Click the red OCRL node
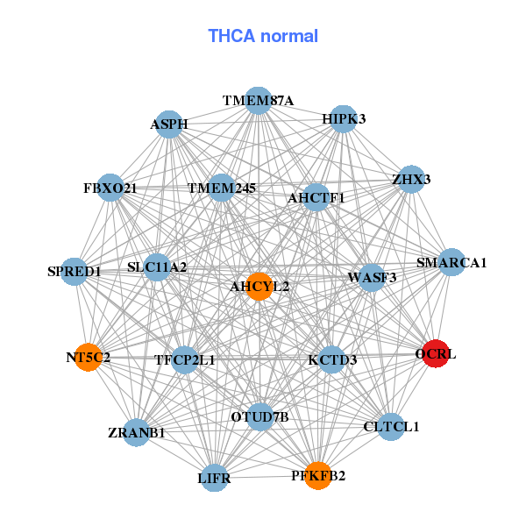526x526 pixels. coord(436,354)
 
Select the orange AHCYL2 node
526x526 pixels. coord(259,286)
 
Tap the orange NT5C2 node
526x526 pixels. coord(88,357)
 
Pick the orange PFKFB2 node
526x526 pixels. coord(318,475)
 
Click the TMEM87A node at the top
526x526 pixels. coord(258,101)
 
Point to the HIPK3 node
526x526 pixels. coord(343,119)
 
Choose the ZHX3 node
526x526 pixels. coord(410,181)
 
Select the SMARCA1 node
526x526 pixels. coord(451,262)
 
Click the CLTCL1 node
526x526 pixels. coord(391,427)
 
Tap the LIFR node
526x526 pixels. coord(215,478)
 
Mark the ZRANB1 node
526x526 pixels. coord(136,432)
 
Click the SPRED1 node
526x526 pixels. coord(75,272)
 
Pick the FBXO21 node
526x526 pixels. coord(110,188)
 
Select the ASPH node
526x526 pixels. coord(169,124)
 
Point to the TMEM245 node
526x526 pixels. coord(221,188)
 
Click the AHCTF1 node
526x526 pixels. coord(316,197)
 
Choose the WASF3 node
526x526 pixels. coord(372,278)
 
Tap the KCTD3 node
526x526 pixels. coord(331,359)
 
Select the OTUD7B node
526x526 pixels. coord(259,416)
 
